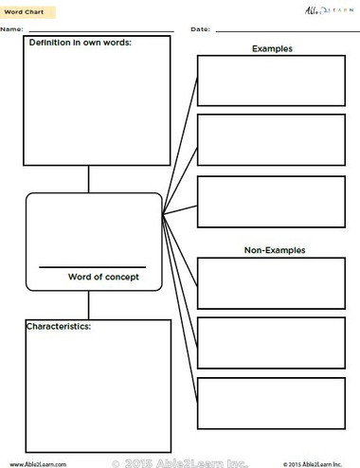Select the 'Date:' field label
(200, 30)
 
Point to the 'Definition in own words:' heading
(81, 44)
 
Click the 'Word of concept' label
(103, 277)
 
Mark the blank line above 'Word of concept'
(92, 266)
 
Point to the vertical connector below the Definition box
(89, 179)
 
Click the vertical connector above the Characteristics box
(89, 305)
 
